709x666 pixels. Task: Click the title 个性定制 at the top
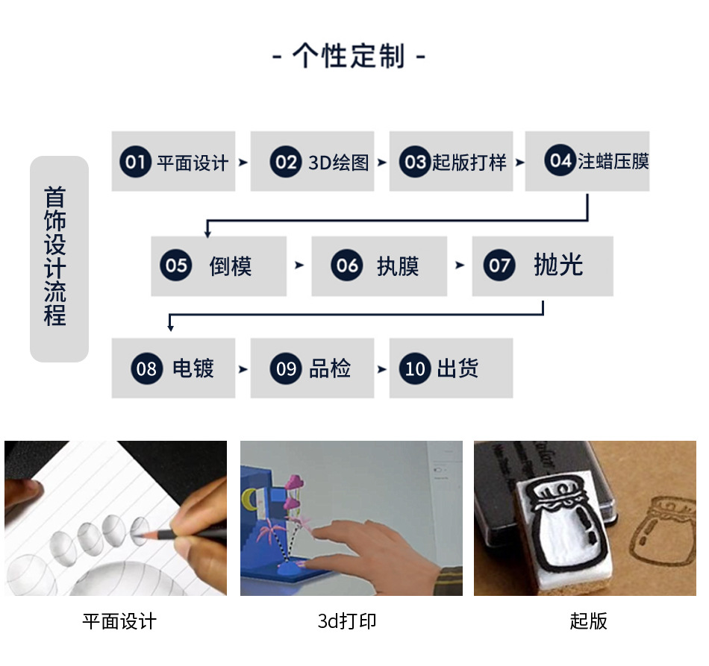[x=349, y=57]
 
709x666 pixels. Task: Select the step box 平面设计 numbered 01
[x=173, y=162]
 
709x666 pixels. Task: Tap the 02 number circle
[x=286, y=162]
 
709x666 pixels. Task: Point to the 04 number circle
[x=559, y=161]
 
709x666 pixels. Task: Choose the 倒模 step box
[x=219, y=266]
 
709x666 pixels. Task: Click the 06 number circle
[x=347, y=266]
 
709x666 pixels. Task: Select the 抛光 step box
[x=543, y=266]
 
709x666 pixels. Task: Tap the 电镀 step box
[x=173, y=368]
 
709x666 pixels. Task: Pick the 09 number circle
[x=286, y=368]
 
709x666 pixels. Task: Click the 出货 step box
[x=451, y=368]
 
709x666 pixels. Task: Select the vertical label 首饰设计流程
[x=58, y=258]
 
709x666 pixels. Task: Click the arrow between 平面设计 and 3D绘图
[x=243, y=162]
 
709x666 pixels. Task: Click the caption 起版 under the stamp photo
[x=589, y=621]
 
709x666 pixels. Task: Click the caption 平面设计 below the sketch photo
[x=119, y=621]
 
